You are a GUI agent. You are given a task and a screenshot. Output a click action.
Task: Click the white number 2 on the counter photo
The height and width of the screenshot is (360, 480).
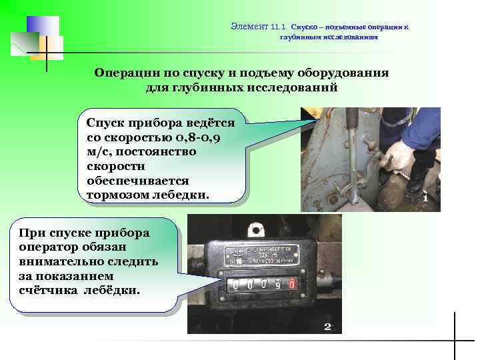[x=327, y=326]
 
